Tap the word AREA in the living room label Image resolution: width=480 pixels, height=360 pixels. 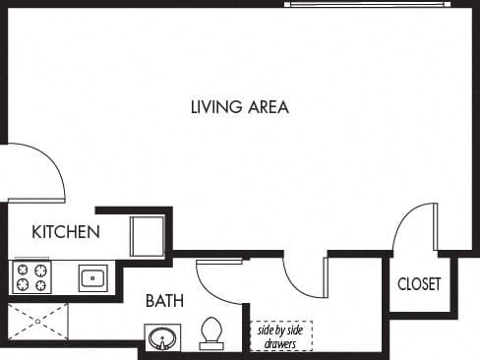click(x=266, y=107)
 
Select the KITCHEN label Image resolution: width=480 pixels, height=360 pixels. click(x=66, y=232)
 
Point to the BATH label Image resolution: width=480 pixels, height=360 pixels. click(x=164, y=300)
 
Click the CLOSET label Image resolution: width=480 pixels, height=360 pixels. click(x=419, y=284)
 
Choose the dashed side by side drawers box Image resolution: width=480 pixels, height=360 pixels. click(x=280, y=335)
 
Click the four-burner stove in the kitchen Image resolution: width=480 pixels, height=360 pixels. click(x=30, y=277)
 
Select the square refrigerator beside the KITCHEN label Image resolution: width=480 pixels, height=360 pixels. click(x=148, y=237)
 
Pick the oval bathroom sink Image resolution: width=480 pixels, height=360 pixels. click(x=161, y=340)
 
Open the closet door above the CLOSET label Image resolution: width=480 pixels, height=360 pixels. click(x=413, y=228)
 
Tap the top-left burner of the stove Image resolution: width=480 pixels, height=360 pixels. click(x=22, y=269)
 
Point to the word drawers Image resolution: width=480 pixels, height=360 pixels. click(x=280, y=343)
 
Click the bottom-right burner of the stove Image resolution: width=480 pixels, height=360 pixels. click(x=40, y=286)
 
